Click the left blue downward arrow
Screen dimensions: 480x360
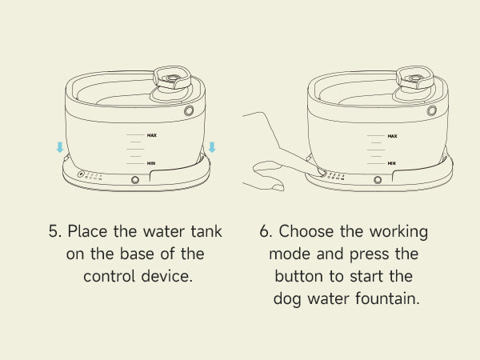pos(60,147)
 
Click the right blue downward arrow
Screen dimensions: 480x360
pos(212,147)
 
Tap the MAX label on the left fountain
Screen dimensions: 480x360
pos(152,135)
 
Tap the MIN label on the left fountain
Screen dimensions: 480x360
pos(151,163)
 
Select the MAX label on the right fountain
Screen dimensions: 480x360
pos(393,136)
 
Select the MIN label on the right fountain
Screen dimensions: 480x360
pos(391,163)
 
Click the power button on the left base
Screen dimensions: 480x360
pos(81,174)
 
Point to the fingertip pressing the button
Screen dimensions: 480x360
pos(321,172)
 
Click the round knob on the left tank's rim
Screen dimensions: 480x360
pos(189,110)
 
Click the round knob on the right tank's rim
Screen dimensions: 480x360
pos(432,110)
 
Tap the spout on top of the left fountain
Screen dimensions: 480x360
pos(172,78)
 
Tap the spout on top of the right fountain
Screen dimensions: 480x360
pos(415,78)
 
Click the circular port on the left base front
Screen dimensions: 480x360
pos(135,180)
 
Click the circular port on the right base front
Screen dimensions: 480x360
pos(378,180)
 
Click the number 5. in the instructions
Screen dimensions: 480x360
pos(55,231)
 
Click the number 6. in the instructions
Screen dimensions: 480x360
pos(266,231)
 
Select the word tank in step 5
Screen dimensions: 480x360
pos(206,231)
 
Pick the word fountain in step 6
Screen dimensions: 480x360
pos(387,298)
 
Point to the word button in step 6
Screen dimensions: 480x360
pos(298,276)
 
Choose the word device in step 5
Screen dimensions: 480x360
pos(167,276)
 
